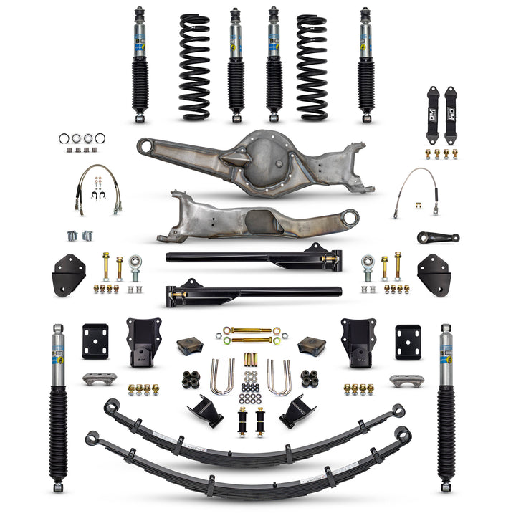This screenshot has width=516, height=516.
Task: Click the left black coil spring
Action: pyautogui.click(x=194, y=66)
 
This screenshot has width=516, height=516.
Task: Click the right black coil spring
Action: pyautogui.click(x=312, y=66)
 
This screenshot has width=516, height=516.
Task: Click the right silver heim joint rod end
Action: pyautogui.click(x=368, y=269)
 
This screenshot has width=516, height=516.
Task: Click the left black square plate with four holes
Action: pyautogui.click(x=95, y=341)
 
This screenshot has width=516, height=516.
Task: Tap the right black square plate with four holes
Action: pyautogui.click(x=408, y=342)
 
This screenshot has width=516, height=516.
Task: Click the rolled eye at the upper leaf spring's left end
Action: pyautogui.click(x=110, y=406)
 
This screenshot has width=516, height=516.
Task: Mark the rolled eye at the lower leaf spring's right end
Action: pyautogui.click(x=403, y=434)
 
